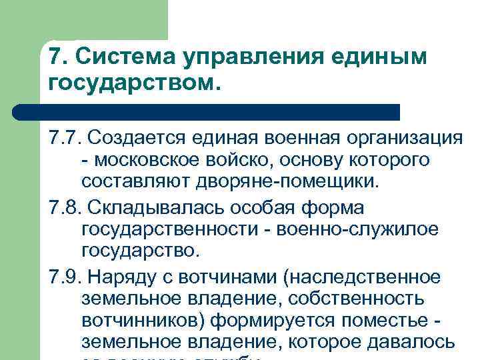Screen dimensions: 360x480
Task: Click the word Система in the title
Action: coord(112,58)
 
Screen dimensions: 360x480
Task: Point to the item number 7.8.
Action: coord(64,208)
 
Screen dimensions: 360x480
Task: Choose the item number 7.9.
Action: coord(64,277)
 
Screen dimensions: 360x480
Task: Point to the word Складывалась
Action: coord(153,208)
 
